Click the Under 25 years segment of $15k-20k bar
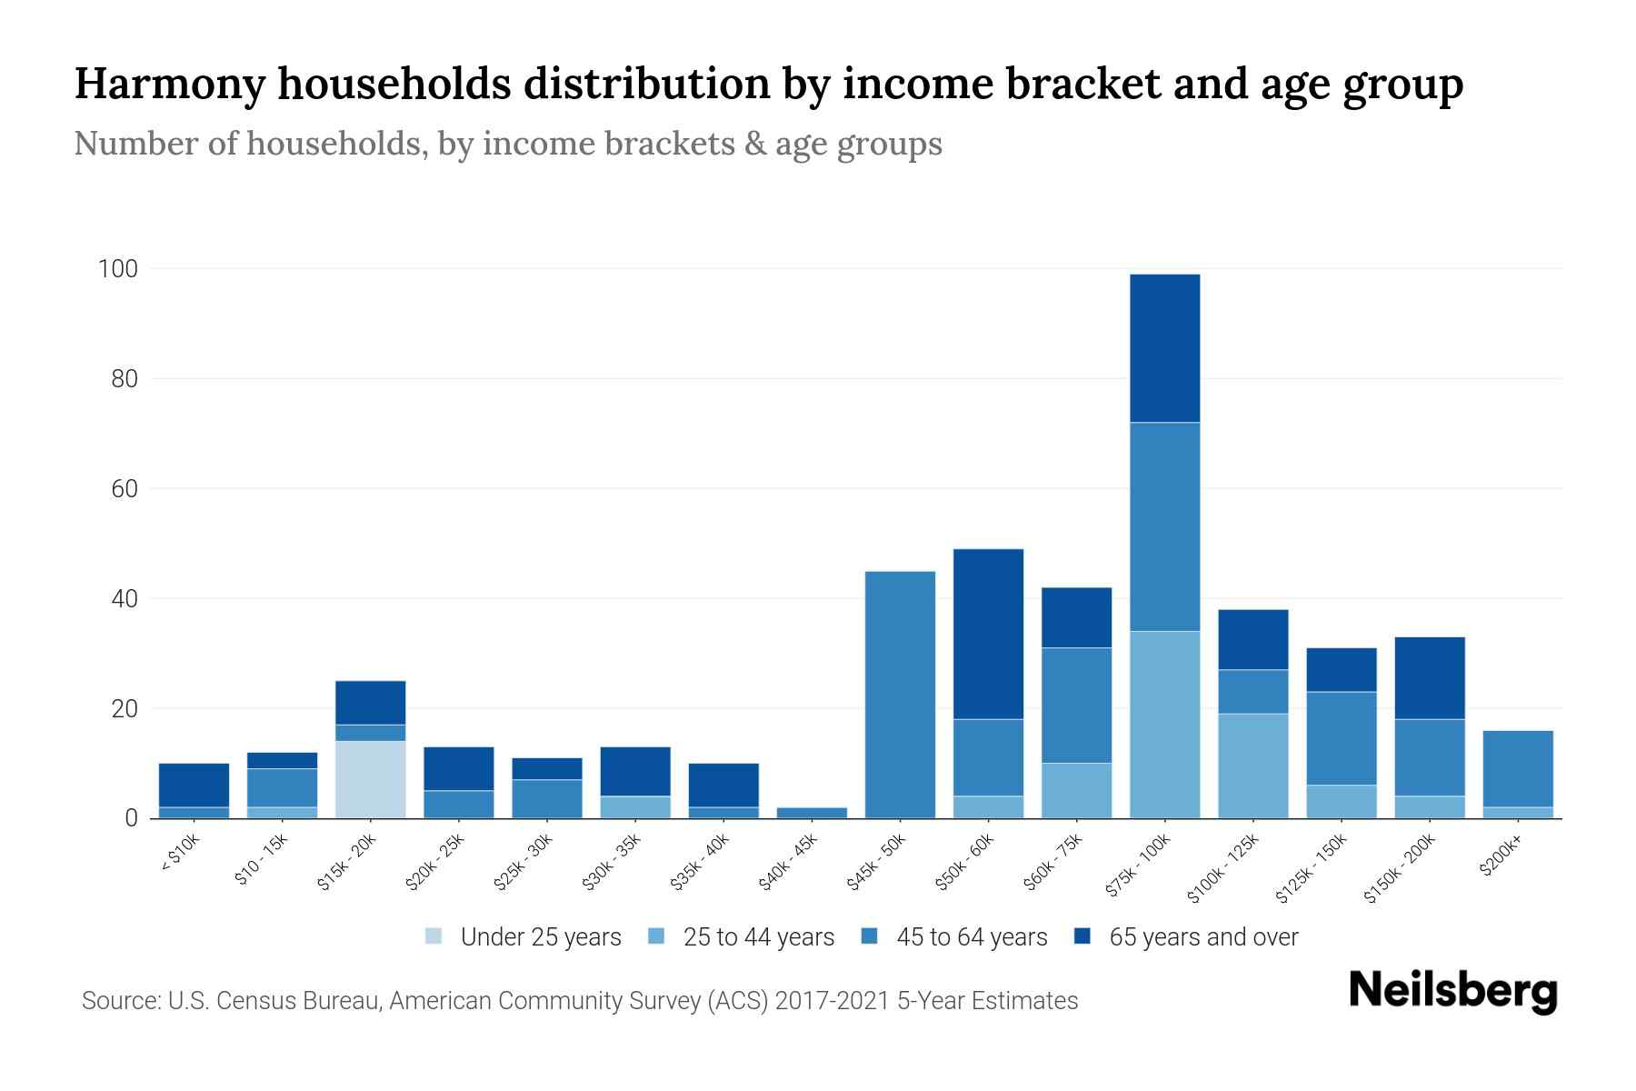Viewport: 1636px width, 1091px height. (370, 779)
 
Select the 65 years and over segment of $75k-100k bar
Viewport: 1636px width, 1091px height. (1164, 348)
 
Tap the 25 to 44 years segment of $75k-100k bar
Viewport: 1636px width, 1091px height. (1164, 725)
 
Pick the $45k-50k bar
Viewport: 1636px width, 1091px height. (900, 695)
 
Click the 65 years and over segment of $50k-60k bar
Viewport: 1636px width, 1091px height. (988, 634)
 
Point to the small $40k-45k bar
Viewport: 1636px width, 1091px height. (812, 812)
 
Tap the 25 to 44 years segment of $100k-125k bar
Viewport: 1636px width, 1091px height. (1252, 766)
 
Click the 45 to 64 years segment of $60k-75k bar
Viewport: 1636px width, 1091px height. (1076, 705)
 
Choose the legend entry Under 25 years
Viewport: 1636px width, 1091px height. (540, 937)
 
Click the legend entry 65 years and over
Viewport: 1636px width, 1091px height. (1202, 937)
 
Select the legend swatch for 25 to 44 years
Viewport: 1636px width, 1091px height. (657, 936)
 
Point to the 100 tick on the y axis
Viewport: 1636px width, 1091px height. (118, 269)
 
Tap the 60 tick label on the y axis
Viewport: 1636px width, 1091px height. (125, 489)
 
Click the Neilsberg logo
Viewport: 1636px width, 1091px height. (1451, 991)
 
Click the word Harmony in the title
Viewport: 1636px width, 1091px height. (170, 84)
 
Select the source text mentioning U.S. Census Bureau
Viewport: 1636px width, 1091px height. (579, 1001)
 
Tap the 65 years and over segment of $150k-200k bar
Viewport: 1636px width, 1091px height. (1429, 677)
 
